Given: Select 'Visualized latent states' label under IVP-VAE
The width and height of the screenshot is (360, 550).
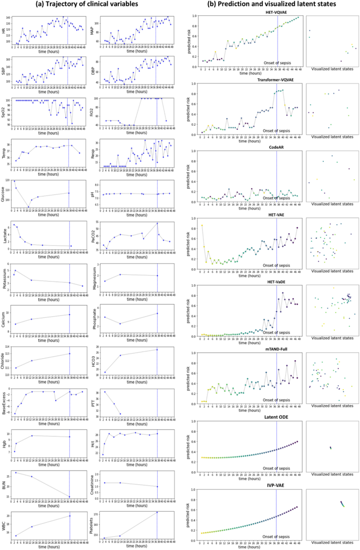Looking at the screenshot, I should point(332,545).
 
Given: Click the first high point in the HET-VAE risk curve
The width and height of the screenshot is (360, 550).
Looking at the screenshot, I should point(202,225).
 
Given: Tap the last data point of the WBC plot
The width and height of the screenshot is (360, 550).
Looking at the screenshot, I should point(69,516).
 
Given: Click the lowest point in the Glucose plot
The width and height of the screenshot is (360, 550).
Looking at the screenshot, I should point(28,207).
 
